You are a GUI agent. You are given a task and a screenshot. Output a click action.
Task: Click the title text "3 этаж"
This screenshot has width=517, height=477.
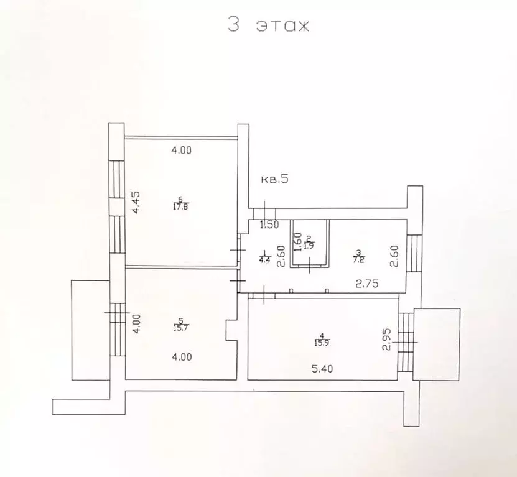268,25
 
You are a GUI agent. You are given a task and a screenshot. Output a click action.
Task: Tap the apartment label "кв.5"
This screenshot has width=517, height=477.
274,180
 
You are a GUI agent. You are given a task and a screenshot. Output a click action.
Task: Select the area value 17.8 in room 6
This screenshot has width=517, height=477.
181,207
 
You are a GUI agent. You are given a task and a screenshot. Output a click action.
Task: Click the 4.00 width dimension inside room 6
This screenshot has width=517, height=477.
181,150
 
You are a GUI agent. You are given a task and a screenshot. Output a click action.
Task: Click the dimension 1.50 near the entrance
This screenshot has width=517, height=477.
269,225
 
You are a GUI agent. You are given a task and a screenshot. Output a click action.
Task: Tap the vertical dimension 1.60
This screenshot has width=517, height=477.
297,241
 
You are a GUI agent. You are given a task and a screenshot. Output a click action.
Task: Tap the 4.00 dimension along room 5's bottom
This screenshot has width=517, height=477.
181,357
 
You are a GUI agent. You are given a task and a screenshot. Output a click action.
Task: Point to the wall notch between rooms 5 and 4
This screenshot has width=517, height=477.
231,331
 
